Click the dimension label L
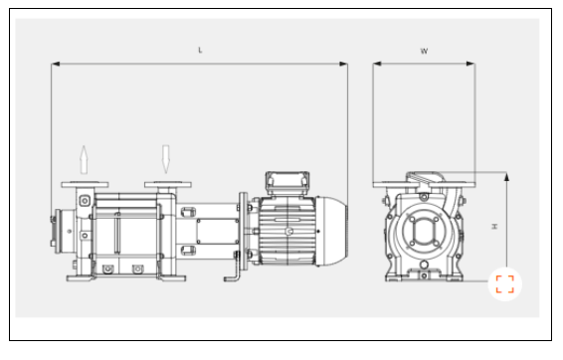[x=200, y=51]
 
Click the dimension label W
[x=424, y=51]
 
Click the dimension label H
[x=494, y=227]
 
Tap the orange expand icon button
[x=505, y=284]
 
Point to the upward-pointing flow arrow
[x=84, y=160]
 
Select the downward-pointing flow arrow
[x=165, y=159]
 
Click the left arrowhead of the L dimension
[x=56, y=64]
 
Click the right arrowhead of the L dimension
[x=343, y=64]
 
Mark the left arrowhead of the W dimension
[x=377, y=64]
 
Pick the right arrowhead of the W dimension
[x=470, y=64]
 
